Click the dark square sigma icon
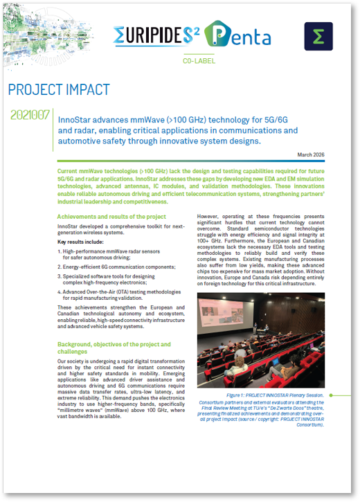(x=318, y=36)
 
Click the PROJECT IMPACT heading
(x=59, y=90)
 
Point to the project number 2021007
(x=30, y=116)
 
